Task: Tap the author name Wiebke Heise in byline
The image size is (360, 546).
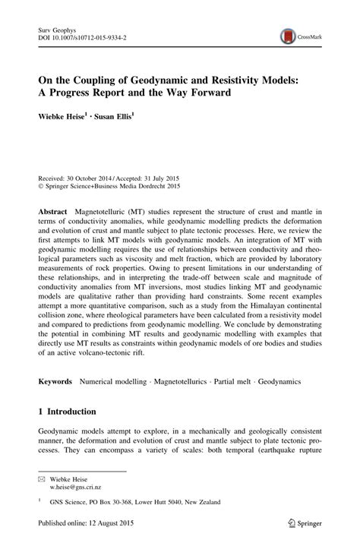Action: [58, 118]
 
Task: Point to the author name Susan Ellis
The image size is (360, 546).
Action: [115, 118]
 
